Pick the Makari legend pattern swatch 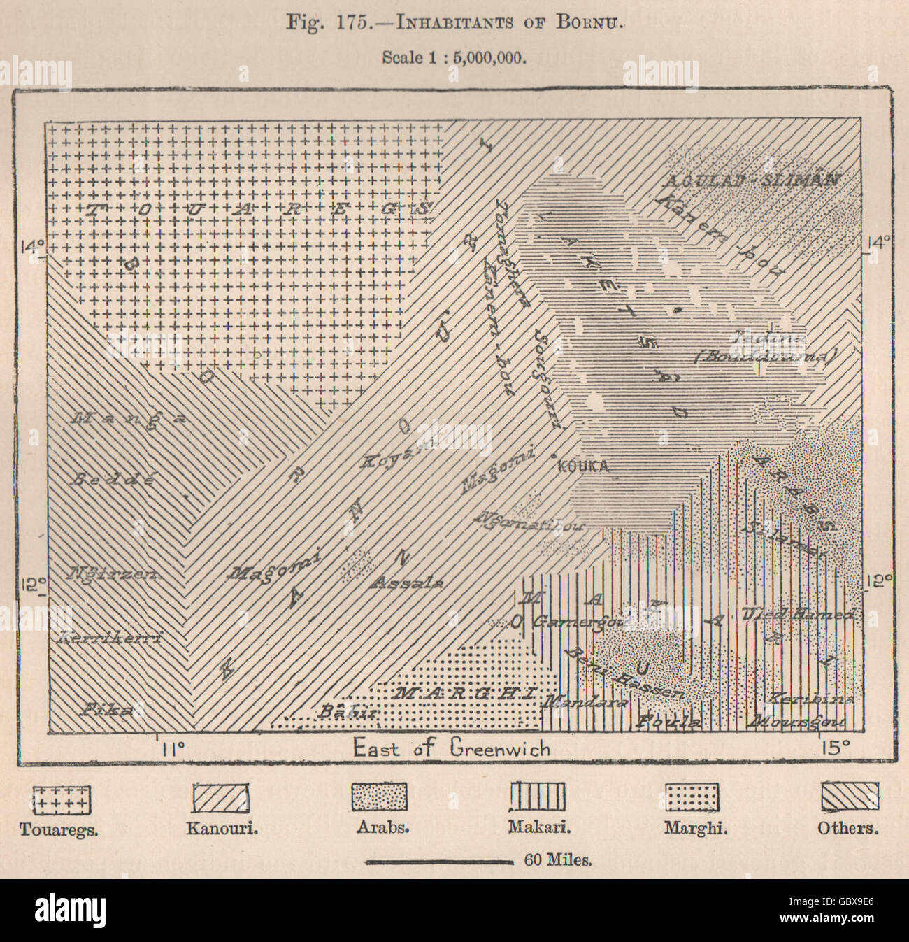click(537, 797)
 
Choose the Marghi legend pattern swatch click(693, 797)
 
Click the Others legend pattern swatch click(849, 797)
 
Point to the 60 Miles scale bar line click(439, 862)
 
